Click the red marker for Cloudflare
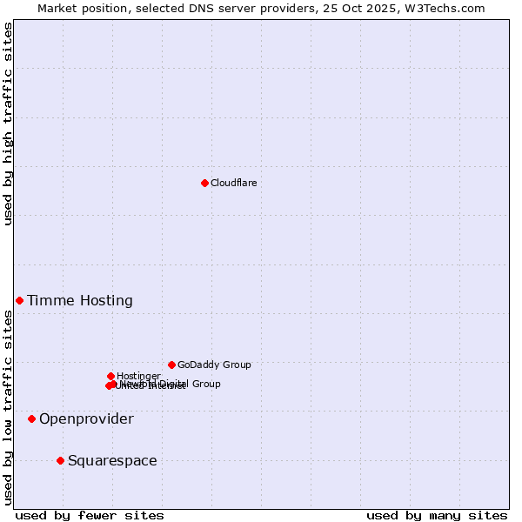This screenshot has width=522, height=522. tap(204, 183)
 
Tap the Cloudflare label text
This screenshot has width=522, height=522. tap(233, 183)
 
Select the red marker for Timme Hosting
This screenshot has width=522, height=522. tap(19, 300)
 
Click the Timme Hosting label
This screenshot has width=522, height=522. tap(80, 301)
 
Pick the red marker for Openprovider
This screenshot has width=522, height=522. tap(31, 418)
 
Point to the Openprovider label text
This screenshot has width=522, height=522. tap(86, 419)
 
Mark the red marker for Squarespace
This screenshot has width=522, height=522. tap(60, 460)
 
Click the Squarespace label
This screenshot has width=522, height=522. tap(112, 461)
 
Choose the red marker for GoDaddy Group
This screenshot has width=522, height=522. tap(171, 365)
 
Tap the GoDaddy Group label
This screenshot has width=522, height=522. tap(214, 365)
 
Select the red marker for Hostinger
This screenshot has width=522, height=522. tap(110, 376)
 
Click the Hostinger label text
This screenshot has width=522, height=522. tap(138, 376)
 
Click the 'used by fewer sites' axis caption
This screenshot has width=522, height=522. tap(90, 515)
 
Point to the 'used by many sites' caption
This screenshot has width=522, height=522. tap(437, 515)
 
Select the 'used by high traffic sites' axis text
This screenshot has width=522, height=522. tap(8, 124)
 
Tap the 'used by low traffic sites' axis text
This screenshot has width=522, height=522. tap(8, 407)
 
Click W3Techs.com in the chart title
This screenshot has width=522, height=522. tap(449, 8)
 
